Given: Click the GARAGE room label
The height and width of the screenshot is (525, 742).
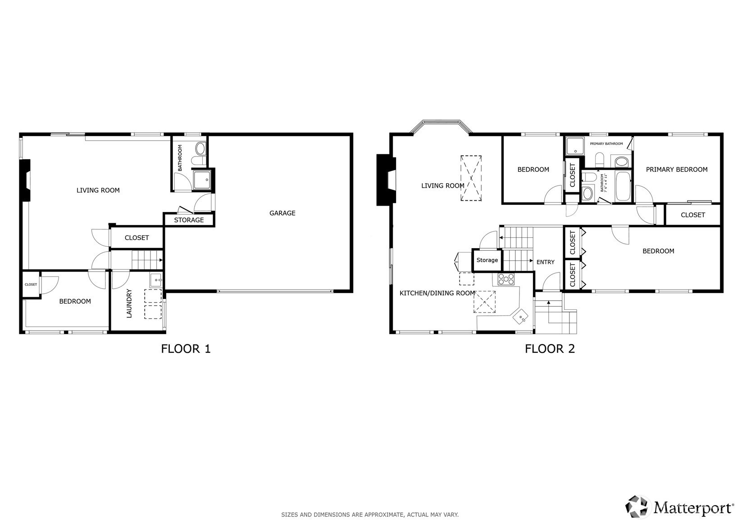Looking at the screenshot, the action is pos(282,213).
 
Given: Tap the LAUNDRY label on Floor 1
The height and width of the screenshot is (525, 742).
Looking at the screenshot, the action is pos(129,304).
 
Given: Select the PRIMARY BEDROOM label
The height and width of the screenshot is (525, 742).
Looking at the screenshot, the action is pos(676,170).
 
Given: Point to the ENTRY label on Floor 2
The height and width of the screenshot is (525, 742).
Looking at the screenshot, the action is pos(545,262).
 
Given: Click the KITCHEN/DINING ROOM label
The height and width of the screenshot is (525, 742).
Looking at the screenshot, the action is pos(437,293).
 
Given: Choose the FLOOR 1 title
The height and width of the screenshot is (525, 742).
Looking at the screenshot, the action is pos(186,349).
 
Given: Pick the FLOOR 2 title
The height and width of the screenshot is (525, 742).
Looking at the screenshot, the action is pos(550,349).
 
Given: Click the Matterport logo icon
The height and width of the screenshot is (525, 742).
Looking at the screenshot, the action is pos(636,507).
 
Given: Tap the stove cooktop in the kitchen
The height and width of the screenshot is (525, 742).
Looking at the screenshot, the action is pos(506,279).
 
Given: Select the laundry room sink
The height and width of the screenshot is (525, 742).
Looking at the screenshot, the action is pos(156,280).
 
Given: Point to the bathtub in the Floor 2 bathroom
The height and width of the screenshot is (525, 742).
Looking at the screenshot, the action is pos(623,186).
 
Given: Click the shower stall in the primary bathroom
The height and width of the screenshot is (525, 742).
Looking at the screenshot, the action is pos(575,146).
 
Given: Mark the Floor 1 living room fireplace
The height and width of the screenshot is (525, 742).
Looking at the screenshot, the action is pos(26,180).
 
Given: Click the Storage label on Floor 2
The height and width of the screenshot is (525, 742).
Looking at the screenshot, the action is pos(487,260).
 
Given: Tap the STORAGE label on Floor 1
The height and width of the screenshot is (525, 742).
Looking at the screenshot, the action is pos(189,220).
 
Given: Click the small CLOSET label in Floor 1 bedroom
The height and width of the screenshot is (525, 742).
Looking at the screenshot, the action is pos(31,285).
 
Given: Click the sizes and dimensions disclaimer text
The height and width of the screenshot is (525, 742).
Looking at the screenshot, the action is pos(370,515).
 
